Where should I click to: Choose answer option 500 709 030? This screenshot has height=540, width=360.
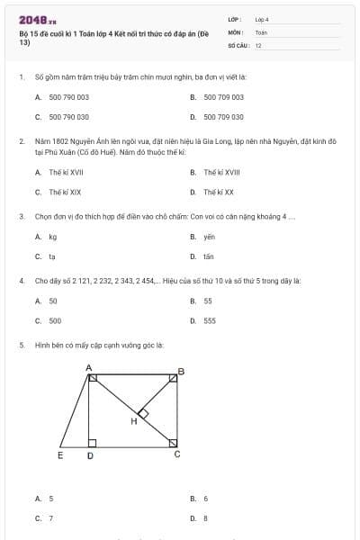pos(223,117)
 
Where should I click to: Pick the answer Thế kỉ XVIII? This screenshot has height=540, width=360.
pos(222,171)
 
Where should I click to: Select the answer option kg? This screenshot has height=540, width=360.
pos(53,237)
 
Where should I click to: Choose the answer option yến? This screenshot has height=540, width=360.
pos(209,237)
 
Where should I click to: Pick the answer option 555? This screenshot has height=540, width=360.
pos(209,320)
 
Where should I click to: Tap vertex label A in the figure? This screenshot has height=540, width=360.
pos(88,367)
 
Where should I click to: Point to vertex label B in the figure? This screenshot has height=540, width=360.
pos(181,371)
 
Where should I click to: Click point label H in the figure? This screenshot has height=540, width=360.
pos(134,420)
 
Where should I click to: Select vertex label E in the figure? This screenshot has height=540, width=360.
pos(60,455)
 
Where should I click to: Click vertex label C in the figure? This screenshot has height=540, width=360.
pos(176,454)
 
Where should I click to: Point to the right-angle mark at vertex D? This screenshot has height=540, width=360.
pos(92,443)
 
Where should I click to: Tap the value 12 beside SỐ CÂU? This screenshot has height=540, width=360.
pos(258,44)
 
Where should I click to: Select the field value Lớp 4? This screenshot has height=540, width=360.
pos(262,19)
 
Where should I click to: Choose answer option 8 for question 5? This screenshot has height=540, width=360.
pos(205,518)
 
